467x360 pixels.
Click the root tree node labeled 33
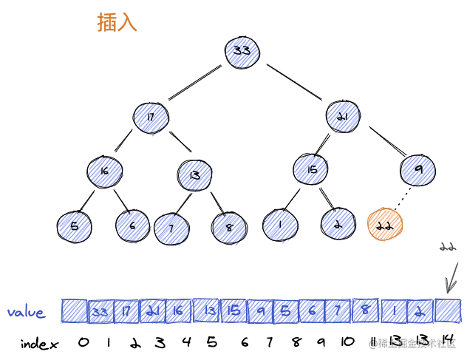click(242, 51)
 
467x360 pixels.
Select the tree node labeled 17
click(151, 117)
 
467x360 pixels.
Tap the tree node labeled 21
click(343, 117)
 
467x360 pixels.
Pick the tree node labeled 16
click(104, 171)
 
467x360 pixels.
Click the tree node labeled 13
click(195, 174)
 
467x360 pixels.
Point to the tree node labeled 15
click(311, 170)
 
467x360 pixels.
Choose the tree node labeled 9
click(418, 171)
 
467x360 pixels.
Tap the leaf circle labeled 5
click(74, 226)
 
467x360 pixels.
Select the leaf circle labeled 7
click(171, 228)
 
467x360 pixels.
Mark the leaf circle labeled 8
click(230, 228)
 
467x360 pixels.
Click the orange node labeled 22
click(384, 225)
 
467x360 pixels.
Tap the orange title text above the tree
click(117, 24)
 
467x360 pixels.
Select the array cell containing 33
click(100, 312)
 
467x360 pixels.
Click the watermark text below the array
click(415, 342)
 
